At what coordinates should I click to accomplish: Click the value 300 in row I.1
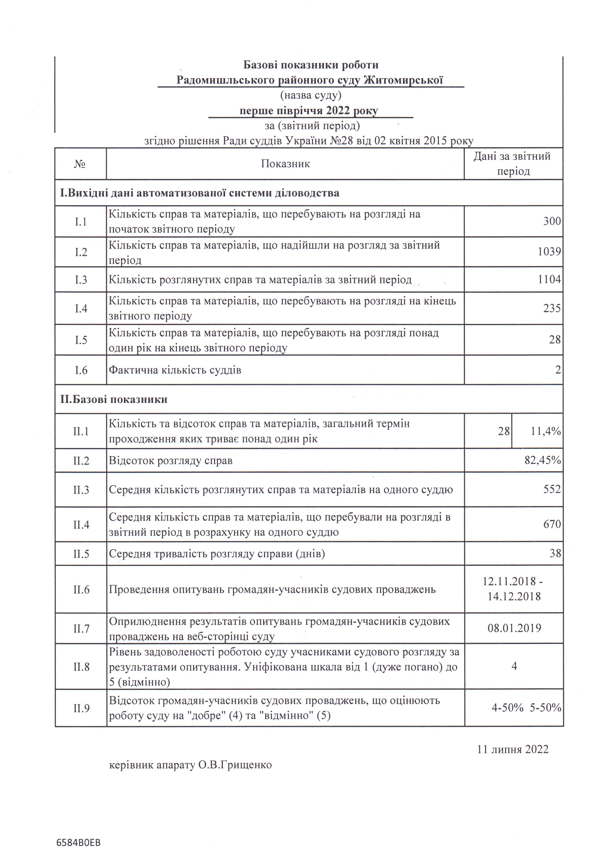click(x=552, y=221)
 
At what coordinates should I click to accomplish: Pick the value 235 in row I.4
click(x=552, y=308)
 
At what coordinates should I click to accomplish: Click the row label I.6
click(x=81, y=370)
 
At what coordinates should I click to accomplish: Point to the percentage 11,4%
click(x=546, y=431)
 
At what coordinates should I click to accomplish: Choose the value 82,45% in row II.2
click(x=543, y=460)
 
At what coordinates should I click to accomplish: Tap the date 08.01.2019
click(x=514, y=628)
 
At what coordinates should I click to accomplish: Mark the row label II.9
click(x=81, y=708)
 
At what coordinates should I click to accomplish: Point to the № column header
click(x=80, y=164)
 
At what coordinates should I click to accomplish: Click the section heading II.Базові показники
click(x=114, y=399)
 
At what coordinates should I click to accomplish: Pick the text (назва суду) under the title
click(x=311, y=95)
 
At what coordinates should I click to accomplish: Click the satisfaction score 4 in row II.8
click(x=514, y=666)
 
